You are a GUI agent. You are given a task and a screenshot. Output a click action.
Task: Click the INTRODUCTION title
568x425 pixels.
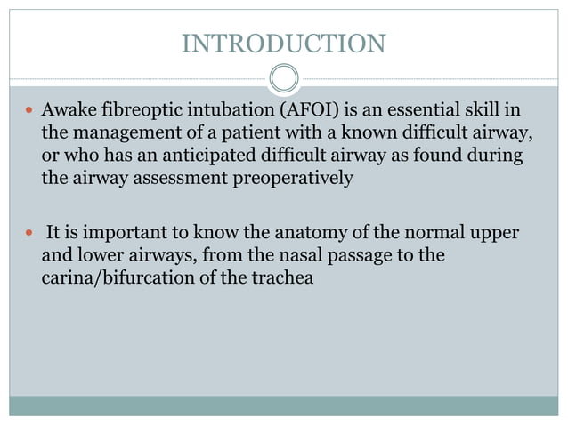pos(283,43)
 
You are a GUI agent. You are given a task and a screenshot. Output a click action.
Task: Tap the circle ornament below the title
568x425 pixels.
pos(283,78)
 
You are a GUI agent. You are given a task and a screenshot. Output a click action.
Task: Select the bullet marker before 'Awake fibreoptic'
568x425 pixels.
pos(30,112)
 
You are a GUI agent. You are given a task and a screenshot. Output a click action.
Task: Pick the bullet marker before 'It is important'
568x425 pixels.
pos(30,235)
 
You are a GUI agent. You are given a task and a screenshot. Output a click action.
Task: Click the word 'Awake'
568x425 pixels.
pos(69,112)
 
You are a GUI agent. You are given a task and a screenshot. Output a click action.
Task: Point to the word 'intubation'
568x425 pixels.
pos(224,112)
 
